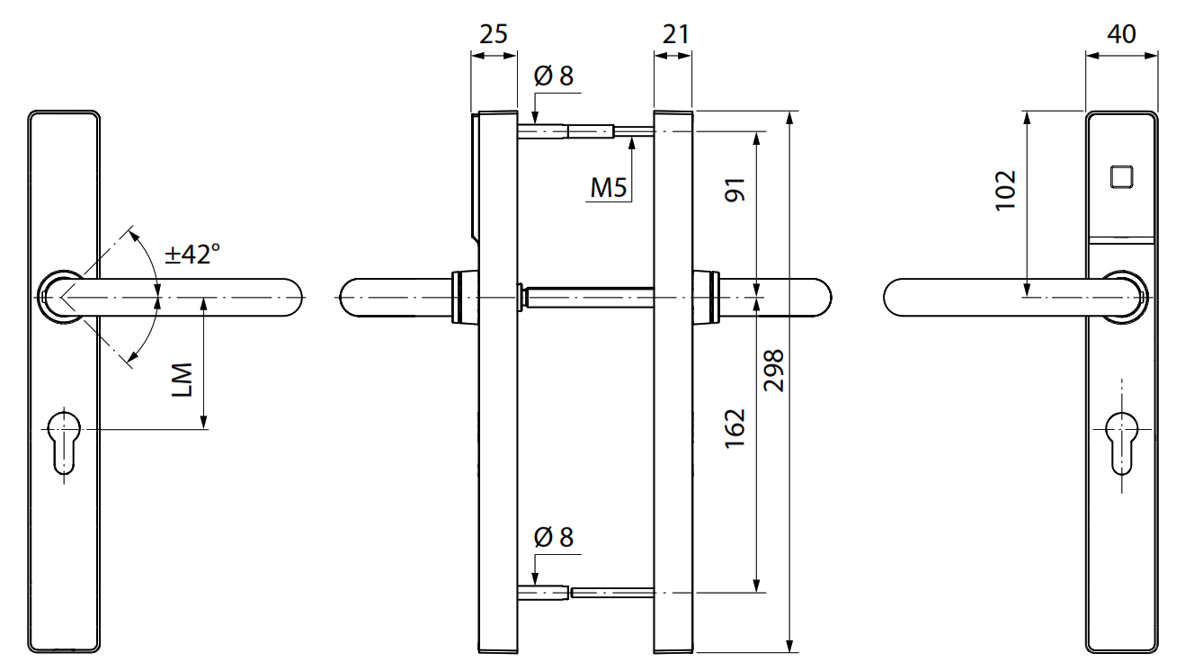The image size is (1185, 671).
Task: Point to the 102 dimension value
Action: [x=1006, y=190]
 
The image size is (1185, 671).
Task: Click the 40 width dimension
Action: [x=1120, y=34]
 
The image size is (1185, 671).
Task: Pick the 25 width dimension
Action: [x=493, y=34]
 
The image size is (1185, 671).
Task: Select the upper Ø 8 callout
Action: [x=553, y=76]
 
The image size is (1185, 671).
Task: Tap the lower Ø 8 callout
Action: [x=553, y=538]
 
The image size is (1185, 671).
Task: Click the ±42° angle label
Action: [x=192, y=255]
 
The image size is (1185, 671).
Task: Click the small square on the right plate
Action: [x=1121, y=176]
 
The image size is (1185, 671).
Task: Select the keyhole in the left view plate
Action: [x=64, y=441]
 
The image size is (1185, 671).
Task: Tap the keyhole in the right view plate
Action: [x=1121, y=441]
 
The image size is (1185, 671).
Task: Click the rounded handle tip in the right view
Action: [x=899, y=297]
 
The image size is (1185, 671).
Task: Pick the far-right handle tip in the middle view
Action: [x=817, y=297]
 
